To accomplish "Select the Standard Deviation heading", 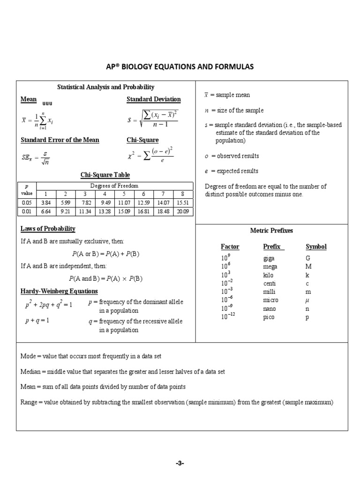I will [153, 99].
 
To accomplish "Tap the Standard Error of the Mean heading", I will [60, 140].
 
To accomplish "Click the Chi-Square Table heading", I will [105, 175].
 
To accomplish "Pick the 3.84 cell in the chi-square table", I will [46, 202].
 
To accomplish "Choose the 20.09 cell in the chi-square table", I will [183, 211].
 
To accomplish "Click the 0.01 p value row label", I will [26, 211].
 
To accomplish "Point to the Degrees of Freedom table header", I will [115, 186].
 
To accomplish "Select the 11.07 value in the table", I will [124, 202].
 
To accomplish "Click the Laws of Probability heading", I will [48, 229].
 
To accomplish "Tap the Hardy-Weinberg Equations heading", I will [59, 291].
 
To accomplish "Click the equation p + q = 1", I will [37, 321].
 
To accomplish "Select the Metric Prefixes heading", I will [272, 231].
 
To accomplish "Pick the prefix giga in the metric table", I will [270, 258].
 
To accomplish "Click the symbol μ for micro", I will [307, 300].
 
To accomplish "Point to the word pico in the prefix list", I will [269, 317].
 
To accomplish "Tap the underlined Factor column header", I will [230, 247].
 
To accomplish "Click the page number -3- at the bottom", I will [180, 463].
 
